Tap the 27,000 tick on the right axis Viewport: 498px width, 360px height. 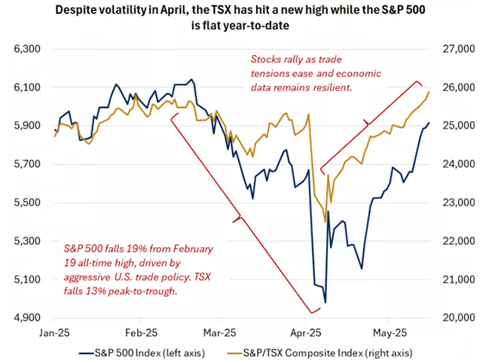coord(460,49)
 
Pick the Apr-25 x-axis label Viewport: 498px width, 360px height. coord(304,331)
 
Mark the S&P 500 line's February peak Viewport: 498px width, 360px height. coord(191,79)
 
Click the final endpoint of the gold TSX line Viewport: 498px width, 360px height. coord(429,92)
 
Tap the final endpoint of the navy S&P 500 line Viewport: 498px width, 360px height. coord(429,123)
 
